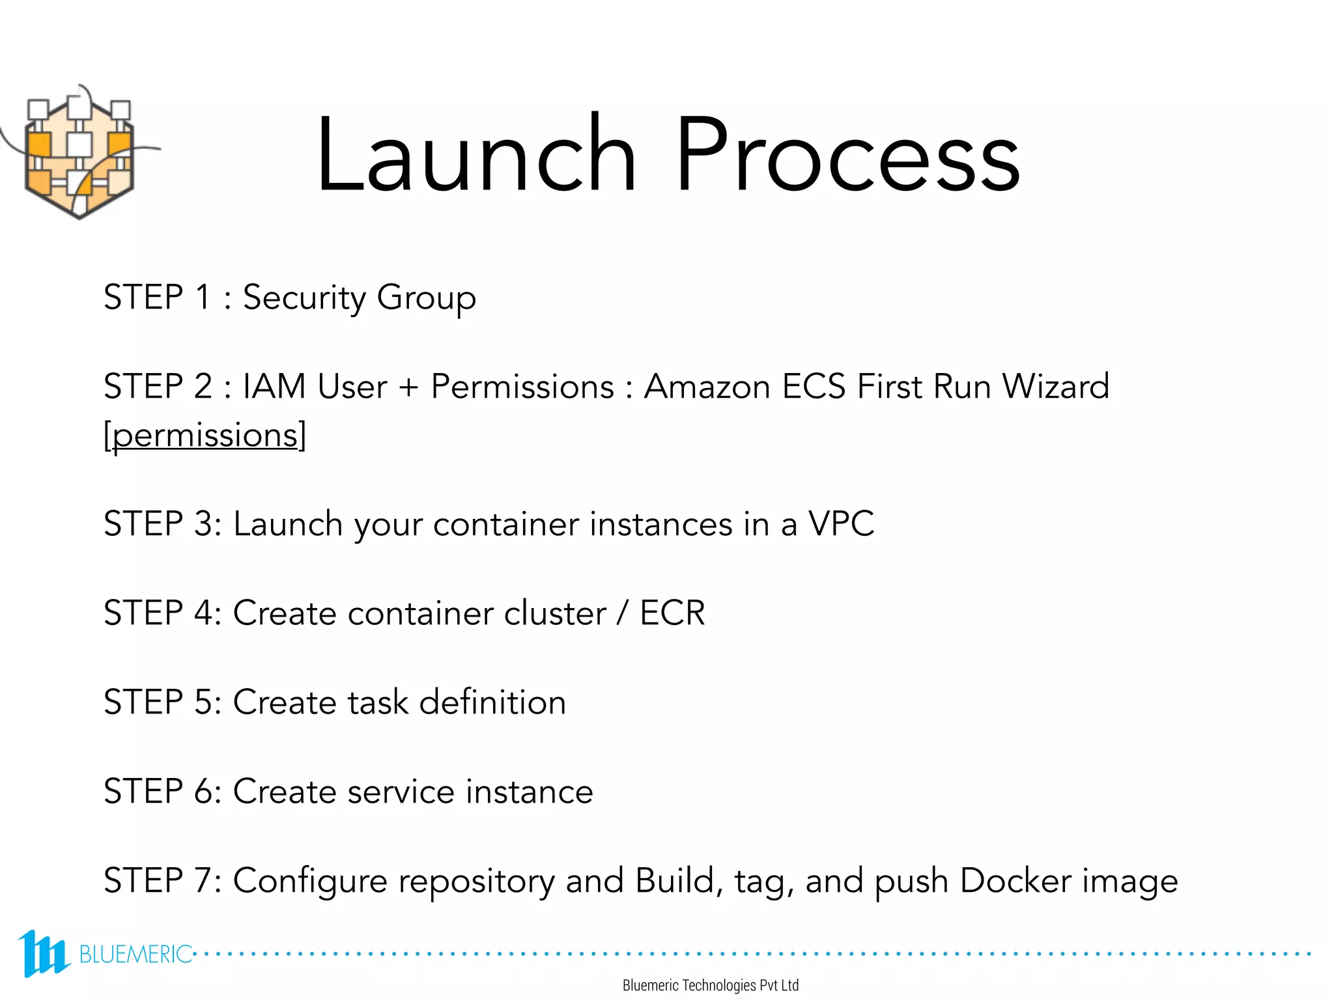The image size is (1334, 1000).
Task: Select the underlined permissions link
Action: (x=205, y=436)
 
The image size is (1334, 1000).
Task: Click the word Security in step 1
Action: (x=304, y=298)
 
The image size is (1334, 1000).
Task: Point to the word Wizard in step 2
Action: (x=1055, y=386)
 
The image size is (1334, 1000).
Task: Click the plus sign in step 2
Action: (x=408, y=387)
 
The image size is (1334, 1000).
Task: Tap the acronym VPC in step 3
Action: (x=841, y=523)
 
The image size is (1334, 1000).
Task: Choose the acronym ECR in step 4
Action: (x=672, y=613)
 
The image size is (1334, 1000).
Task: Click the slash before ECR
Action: (x=623, y=613)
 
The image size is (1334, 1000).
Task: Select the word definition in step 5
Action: (x=492, y=702)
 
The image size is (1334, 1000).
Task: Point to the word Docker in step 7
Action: (x=1015, y=881)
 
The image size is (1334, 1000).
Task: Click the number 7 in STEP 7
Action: (x=203, y=881)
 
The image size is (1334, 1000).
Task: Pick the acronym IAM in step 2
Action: (x=274, y=386)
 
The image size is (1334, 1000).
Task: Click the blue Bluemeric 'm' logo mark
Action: (x=43, y=953)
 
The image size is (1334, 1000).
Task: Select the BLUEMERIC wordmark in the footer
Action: (x=135, y=954)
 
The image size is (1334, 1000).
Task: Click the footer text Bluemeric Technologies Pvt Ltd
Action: (x=710, y=986)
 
